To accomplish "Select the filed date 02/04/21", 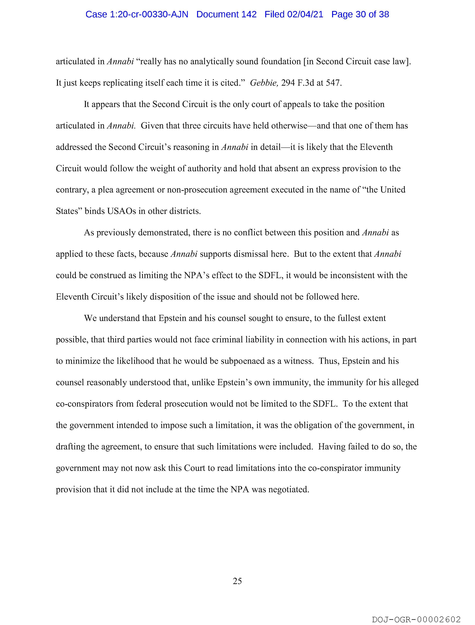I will point(305,14).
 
